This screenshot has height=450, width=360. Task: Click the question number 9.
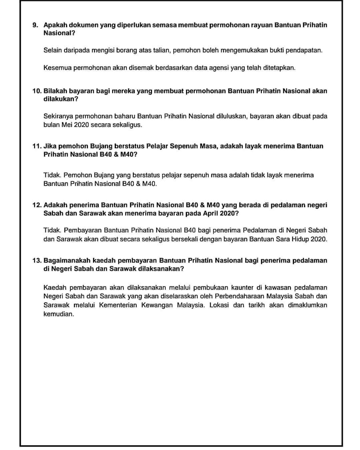pos(35,25)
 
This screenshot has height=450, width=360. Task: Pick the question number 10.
pos(37,91)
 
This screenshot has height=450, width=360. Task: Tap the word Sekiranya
pos(58,116)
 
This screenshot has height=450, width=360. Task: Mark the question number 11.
pos(37,146)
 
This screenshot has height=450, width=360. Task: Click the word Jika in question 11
pos(50,146)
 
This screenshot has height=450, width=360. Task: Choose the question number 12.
pos(37,205)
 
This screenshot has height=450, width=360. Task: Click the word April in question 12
pos(211,213)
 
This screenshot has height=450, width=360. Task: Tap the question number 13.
pos(37,260)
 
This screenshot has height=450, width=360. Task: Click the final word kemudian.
pos(59,314)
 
